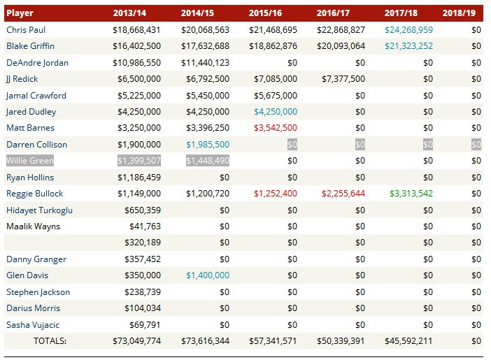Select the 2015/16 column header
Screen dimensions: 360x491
pyautogui.click(x=273, y=13)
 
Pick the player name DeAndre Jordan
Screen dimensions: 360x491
pyautogui.click(x=37, y=63)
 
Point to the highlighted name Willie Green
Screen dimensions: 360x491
pyautogui.click(x=31, y=161)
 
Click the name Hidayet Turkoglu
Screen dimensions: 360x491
pyautogui.click(x=39, y=210)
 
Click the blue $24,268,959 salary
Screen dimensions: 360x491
pyautogui.click(x=408, y=30)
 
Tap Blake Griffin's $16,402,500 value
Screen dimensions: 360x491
pyautogui.click(x=136, y=46)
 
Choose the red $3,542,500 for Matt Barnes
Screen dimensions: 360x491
pyautogui.click(x=273, y=128)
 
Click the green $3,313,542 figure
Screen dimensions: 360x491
pyautogui.click(x=408, y=194)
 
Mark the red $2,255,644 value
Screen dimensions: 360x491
pyautogui.click(x=341, y=194)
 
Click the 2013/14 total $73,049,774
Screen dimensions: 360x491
pyautogui.click(x=136, y=341)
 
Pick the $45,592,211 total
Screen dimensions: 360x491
pyautogui.click(x=408, y=341)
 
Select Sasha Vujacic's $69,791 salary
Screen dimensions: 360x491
pyautogui.click(x=147, y=325)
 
